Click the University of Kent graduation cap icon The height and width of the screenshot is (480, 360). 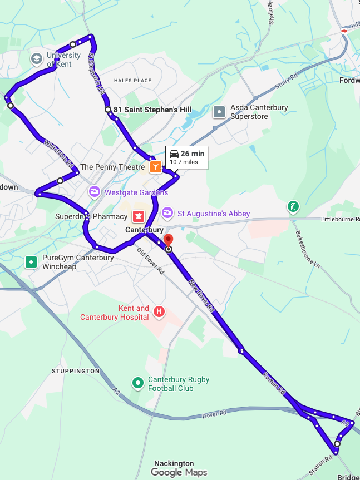click(37, 58)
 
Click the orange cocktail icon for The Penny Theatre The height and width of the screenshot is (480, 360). click(155, 167)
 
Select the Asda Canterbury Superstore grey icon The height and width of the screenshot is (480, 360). click(220, 112)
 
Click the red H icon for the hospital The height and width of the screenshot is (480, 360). click(159, 313)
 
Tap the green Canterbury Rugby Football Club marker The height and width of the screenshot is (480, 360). click(137, 383)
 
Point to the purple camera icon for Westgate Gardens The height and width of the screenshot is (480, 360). click(95, 192)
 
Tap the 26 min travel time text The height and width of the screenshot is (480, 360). click(192, 154)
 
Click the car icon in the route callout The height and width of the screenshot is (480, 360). click(174, 154)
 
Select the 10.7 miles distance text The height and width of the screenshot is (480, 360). click(184, 162)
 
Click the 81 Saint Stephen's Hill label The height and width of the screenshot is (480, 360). click(152, 110)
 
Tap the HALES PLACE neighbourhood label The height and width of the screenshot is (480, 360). click(132, 81)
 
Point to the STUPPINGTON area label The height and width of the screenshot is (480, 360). click(75, 370)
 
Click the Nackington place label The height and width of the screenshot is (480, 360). click(174, 463)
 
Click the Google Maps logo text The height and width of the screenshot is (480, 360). click(179, 473)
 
